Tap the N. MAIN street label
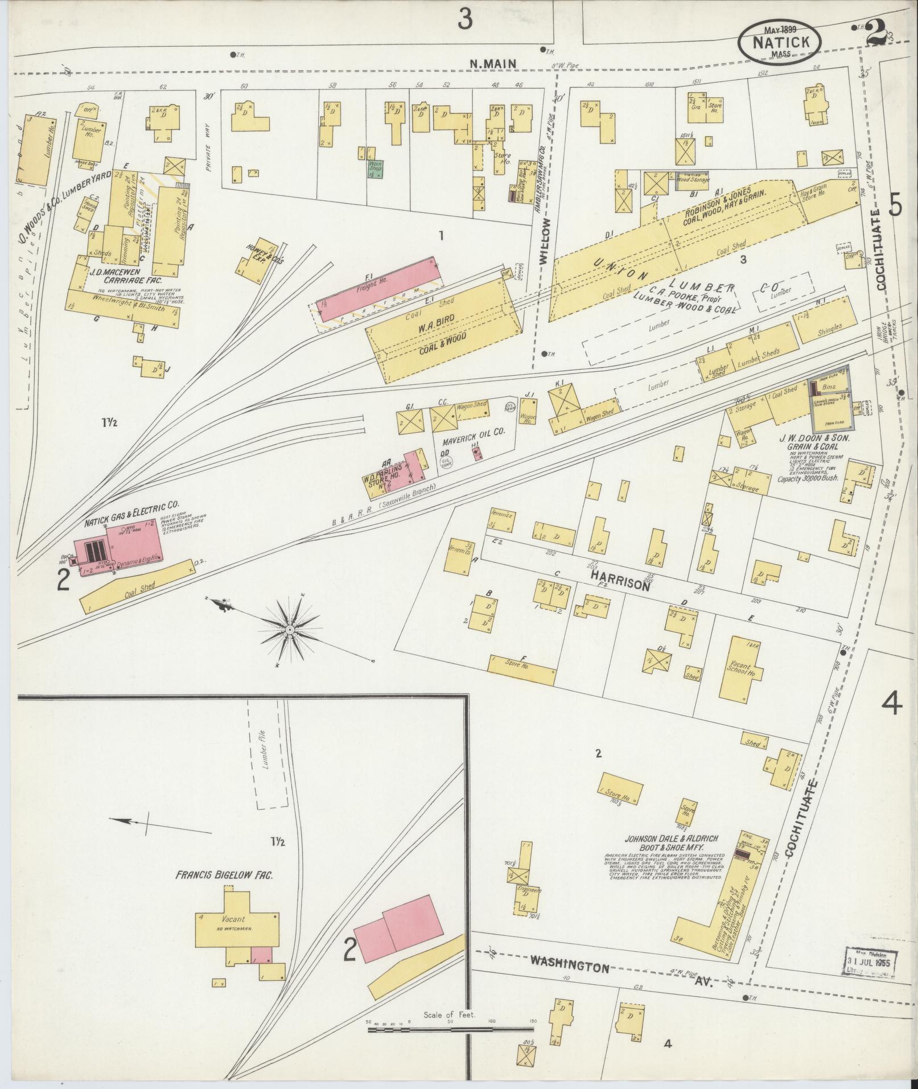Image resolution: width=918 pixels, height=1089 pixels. pyautogui.click(x=493, y=64)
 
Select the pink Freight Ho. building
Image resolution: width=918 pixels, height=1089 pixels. pyautogui.click(x=378, y=285)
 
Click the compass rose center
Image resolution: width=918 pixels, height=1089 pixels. pyautogui.click(x=290, y=629)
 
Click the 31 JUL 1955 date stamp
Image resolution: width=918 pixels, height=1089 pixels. pyautogui.click(x=866, y=962)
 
